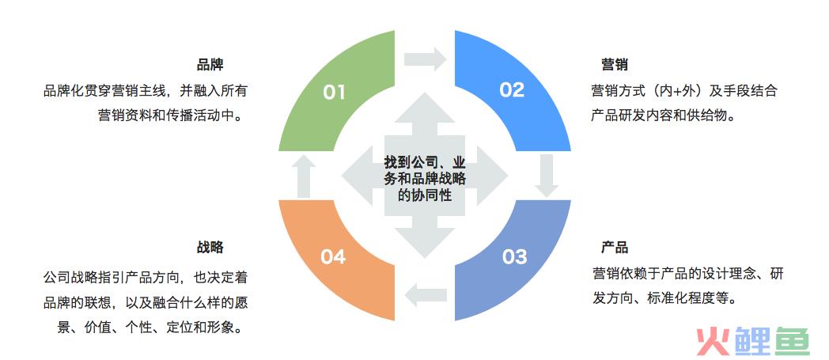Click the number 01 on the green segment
point(334,93)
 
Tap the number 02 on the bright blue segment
point(511,90)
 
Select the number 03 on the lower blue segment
point(514,257)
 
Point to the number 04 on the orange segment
point(333,257)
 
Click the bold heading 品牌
point(210,65)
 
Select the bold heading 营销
point(615,65)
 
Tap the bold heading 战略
point(210,248)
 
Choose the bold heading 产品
point(615,248)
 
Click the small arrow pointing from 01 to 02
point(426,58)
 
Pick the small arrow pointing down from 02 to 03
point(546,176)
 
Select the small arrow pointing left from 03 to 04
point(426,294)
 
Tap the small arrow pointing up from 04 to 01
point(303,176)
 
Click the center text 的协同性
point(425,195)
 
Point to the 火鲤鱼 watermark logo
point(752,340)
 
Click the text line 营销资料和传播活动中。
point(172,116)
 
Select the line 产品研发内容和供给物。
point(664,116)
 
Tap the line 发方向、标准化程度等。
point(664,298)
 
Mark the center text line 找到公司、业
point(425,159)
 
